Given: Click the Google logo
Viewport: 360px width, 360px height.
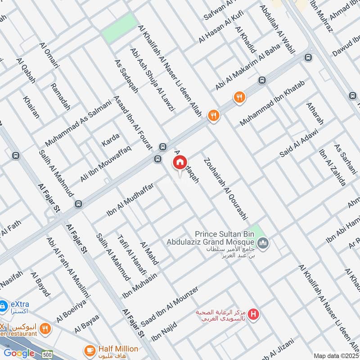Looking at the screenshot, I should (19, 353).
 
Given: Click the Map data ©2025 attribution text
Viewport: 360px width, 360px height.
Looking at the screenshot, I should (335, 355).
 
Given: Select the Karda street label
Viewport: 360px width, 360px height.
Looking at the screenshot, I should (110, 136).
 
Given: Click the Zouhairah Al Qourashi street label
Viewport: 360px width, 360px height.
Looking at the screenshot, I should (225, 189).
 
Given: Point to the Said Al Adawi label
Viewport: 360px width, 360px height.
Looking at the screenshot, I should (299, 143).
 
